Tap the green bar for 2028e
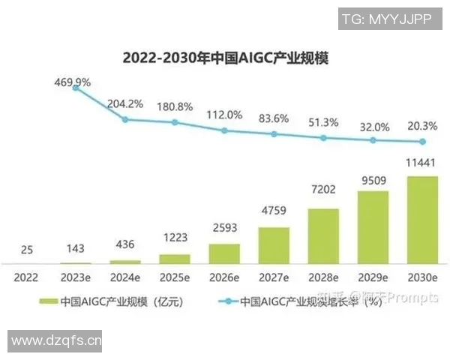click(323, 235)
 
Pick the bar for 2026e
click(224, 253)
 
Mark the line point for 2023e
click(76, 88)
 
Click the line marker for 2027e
click(274, 134)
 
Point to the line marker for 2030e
click(422, 142)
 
